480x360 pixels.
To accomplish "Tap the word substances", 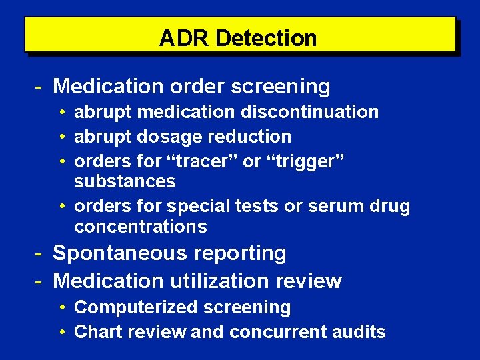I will click(x=125, y=181).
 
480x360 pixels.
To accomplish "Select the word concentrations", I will click(x=141, y=227).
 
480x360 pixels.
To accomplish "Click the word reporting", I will click(x=241, y=253).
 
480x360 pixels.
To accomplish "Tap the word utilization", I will click(x=218, y=281).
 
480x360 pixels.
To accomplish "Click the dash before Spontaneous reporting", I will click(x=39, y=253).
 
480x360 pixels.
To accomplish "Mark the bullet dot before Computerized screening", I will click(x=61, y=307).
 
